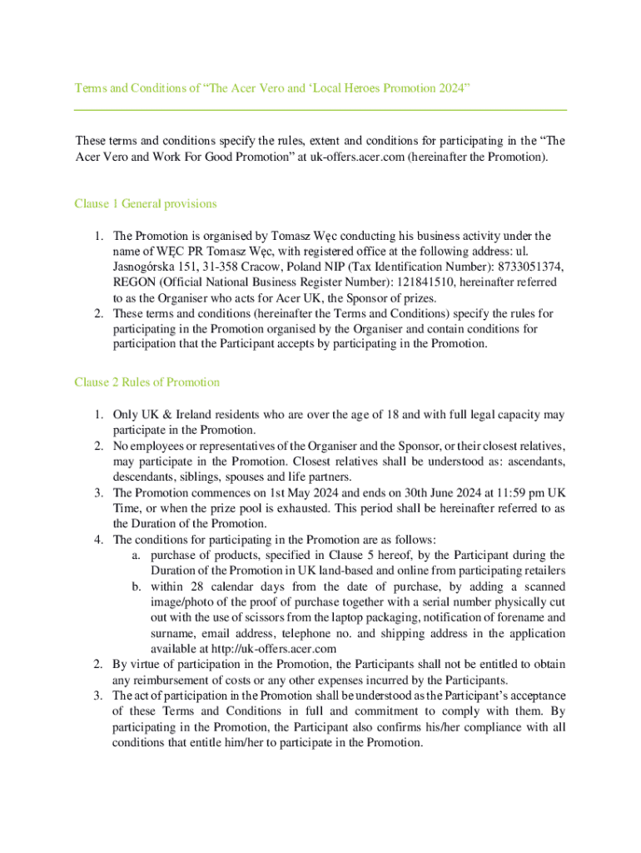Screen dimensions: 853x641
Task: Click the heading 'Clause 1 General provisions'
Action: coord(146,204)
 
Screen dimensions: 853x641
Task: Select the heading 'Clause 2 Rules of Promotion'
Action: coord(147,382)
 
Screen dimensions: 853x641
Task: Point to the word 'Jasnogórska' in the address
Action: coord(145,267)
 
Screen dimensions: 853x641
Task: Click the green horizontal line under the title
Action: coord(320,110)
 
